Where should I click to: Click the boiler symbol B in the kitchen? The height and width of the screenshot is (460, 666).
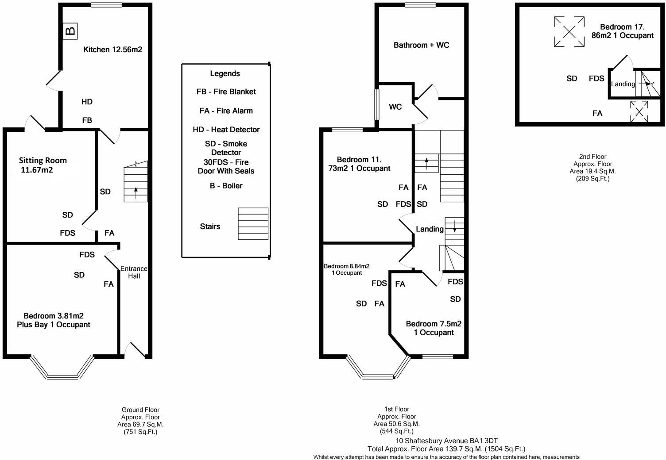tap(70, 31)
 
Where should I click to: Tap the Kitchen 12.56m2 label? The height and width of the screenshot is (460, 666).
tap(112, 50)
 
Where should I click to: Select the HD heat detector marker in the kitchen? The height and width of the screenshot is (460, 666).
tap(87, 102)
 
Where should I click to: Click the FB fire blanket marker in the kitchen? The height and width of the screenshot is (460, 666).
tap(87, 120)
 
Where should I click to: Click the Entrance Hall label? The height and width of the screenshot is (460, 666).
tap(134, 272)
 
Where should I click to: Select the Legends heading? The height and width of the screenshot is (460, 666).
tap(225, 73)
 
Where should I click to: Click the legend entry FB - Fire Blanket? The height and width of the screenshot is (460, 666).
tap(226, 92)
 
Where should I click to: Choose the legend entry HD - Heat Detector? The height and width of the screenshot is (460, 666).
tap(226, 130)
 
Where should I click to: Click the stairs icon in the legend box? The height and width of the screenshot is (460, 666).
tap(253, 223)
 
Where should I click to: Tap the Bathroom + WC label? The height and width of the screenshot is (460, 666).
tap(421, 45)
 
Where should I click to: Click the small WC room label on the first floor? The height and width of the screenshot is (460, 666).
tap(395, 107)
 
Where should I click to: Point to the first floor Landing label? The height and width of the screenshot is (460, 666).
tap(429, 229)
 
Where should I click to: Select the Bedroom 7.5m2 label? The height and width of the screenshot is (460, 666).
tap(434, 328)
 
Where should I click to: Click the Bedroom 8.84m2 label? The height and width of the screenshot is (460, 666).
tap(346, 269)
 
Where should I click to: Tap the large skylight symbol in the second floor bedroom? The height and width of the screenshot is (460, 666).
tap(569, 31)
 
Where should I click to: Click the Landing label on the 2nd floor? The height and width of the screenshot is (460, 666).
tap(623, 84)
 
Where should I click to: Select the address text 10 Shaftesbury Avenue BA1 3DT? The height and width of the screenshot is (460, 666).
tap(446, 441)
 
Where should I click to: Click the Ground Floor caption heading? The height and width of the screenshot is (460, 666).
tap(140, 410)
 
